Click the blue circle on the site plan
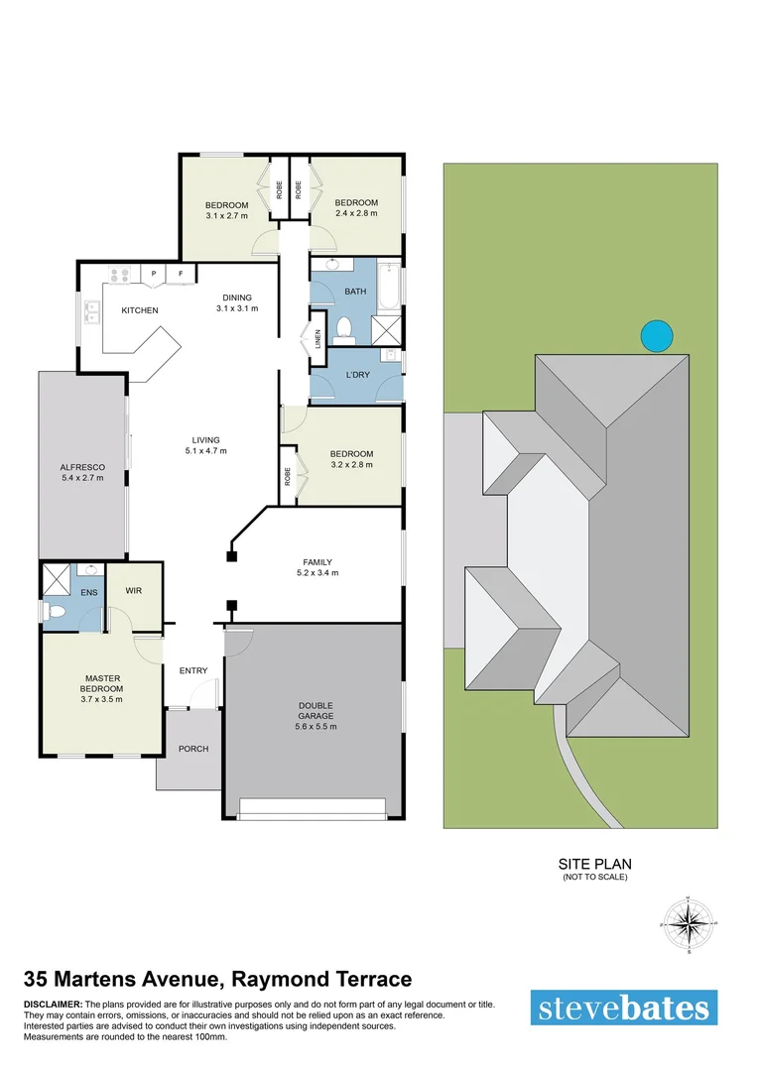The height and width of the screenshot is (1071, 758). click(x=656, y=337)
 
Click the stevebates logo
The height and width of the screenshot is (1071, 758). click(x=624, y=1008)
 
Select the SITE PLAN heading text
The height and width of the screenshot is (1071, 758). click(x=595, y=864)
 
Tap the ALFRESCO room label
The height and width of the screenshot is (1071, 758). click(x=82, y=472)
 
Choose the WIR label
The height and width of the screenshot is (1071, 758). click(x=134, y=591)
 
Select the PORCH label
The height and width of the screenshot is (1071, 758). click(x=193, y=749)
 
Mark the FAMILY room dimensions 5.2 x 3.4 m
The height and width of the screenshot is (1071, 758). click(x=317, y=573)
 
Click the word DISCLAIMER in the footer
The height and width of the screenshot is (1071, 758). click(x=53, y=1005)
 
